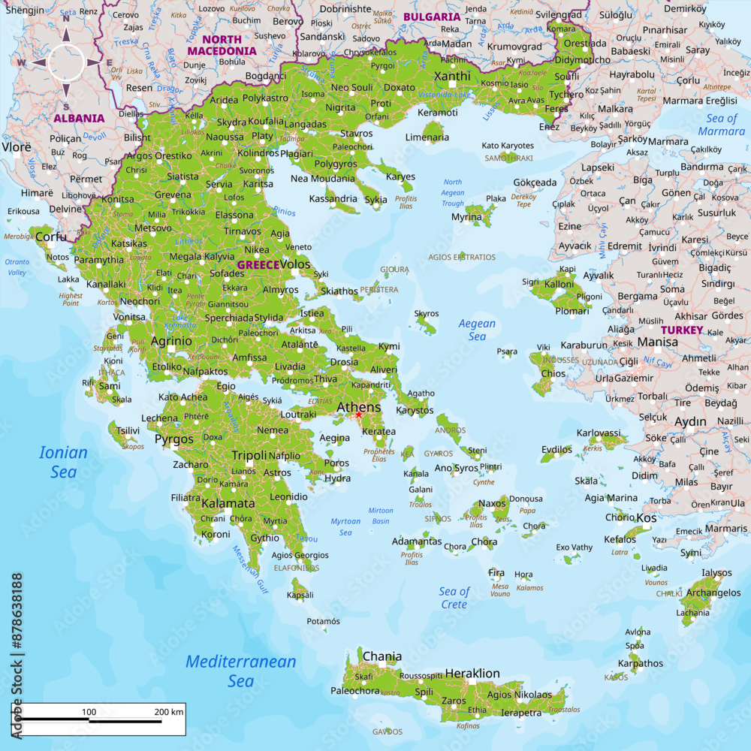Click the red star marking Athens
(x=359, y=415)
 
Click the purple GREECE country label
(x=258, y=265)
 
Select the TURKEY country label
(x=682, y=330)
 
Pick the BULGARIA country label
(x=432, y=17)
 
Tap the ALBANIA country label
(x=79, y=118)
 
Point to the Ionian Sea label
(x=63, y=462)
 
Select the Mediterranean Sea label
(x=240, y=671)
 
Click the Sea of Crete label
(x=454, y=598)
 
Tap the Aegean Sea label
(x=478, y=330)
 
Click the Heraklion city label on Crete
(x=472, y=673)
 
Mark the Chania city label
(x=382, y=656)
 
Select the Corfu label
(x=51, y=237)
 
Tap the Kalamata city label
(x=228, y=503)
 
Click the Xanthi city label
(x=452, y=76)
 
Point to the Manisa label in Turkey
(x=657, y=342)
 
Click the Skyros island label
(x=426, y=313)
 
